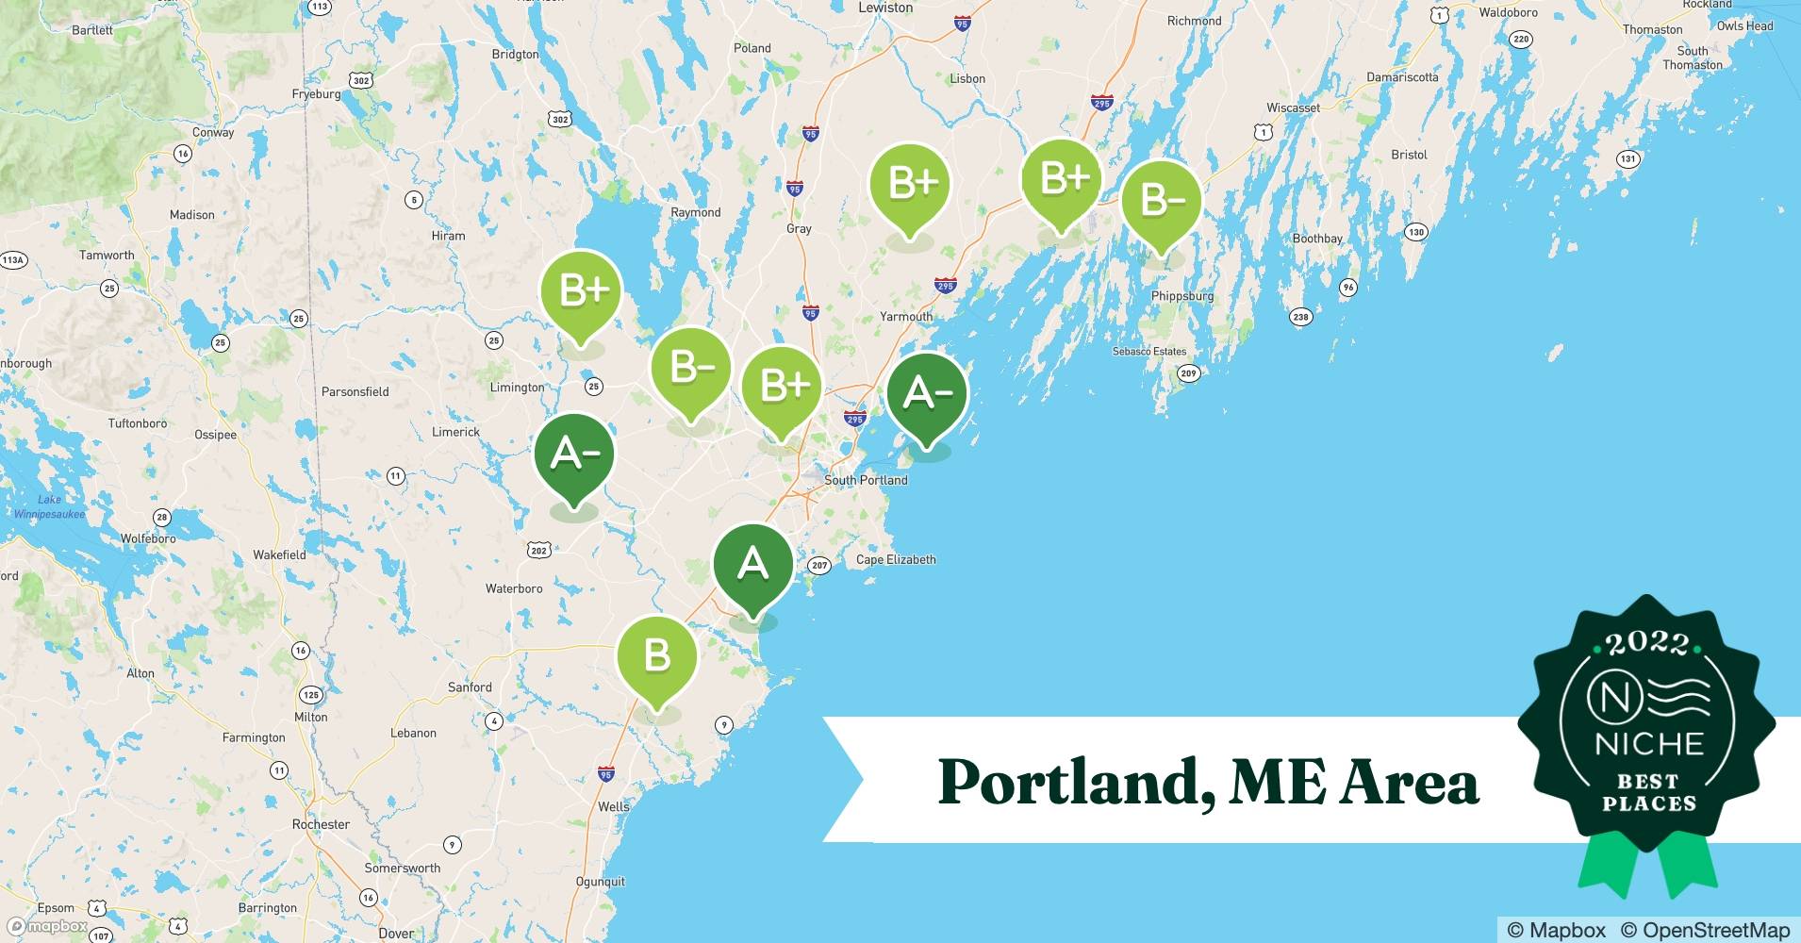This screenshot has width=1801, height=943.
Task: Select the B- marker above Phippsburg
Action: [x=1161, y=200]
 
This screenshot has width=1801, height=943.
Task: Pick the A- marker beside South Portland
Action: [x=927, y=392]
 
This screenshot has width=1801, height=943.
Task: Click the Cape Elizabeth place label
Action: [x=896, y=559]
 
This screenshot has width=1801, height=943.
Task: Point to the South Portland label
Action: [x=866, y=480]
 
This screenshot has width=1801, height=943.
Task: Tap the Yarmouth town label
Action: [x=906, y=317]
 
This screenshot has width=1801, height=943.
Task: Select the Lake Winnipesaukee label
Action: [x=49, y=507]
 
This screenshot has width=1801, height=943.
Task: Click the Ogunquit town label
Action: [x=600, y=882]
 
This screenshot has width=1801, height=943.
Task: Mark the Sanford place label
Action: [x=470, y=687]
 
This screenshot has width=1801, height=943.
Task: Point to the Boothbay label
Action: [x=1317, y=239]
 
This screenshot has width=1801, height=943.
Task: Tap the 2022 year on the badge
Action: [x=1646, y=644]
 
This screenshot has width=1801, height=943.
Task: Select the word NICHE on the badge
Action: [x=1649, y=744]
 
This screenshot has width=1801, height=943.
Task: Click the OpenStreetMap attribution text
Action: [x=1705, y=930]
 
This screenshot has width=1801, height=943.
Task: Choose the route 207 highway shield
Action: [x=819, y=566]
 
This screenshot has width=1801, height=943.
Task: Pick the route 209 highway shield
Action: [x=1188, y=373]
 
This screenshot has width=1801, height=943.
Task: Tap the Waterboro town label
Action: [x=514, y=588]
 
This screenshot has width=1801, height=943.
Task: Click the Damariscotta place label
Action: [x=1402, y=77]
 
